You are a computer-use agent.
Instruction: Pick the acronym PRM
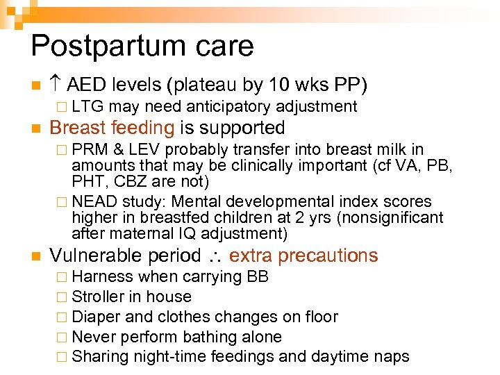pyautogui.click(x=90, y=149)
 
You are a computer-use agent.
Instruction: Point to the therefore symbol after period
pyautogui.click(x=216, y=256)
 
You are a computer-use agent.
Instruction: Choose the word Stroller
pyautogui.click(x=97, y=297)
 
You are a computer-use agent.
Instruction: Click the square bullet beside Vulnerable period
pyautogui.click(x=35, y=256)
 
